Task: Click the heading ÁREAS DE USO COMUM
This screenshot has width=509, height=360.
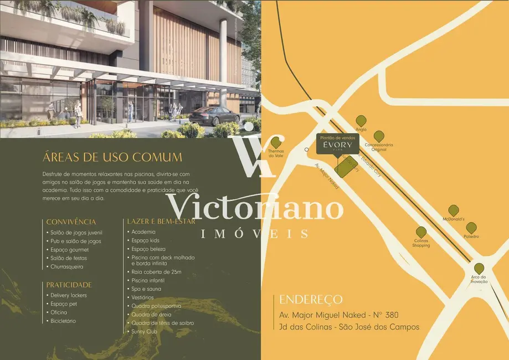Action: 112,157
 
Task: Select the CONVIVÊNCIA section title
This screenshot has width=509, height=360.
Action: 71,222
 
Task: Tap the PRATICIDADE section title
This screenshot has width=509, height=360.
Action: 69,285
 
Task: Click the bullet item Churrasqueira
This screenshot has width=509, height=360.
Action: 67,267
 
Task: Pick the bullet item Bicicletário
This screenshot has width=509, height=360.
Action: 63,321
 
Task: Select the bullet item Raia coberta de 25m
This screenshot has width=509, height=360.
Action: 156,272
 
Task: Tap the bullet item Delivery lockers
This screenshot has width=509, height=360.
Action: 68,295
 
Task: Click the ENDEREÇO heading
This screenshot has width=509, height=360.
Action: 311,300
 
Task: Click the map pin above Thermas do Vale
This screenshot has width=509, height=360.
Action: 275,142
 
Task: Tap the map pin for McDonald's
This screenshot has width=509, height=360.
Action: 454,210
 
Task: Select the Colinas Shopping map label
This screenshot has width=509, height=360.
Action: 421,243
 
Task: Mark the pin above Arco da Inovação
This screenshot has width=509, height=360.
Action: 479,268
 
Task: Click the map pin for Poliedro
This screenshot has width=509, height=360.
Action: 471,227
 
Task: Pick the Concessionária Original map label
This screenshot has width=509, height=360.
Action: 379,147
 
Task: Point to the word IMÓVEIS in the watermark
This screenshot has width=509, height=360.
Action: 255,234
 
